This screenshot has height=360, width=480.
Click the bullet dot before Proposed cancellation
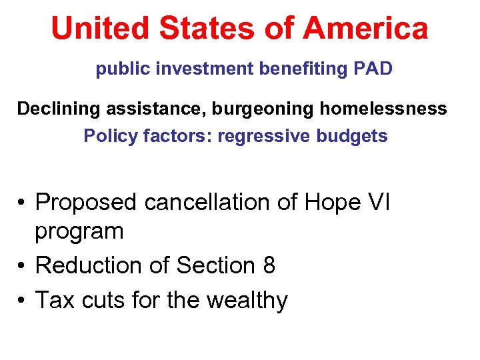tap(23, 201)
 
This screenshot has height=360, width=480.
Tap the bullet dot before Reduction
tap(23, 266)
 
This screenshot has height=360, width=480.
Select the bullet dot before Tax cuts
tap(23, 301)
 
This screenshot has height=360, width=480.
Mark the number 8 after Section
tap(269, 265)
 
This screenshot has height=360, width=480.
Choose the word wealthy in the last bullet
tap(247, 301)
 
